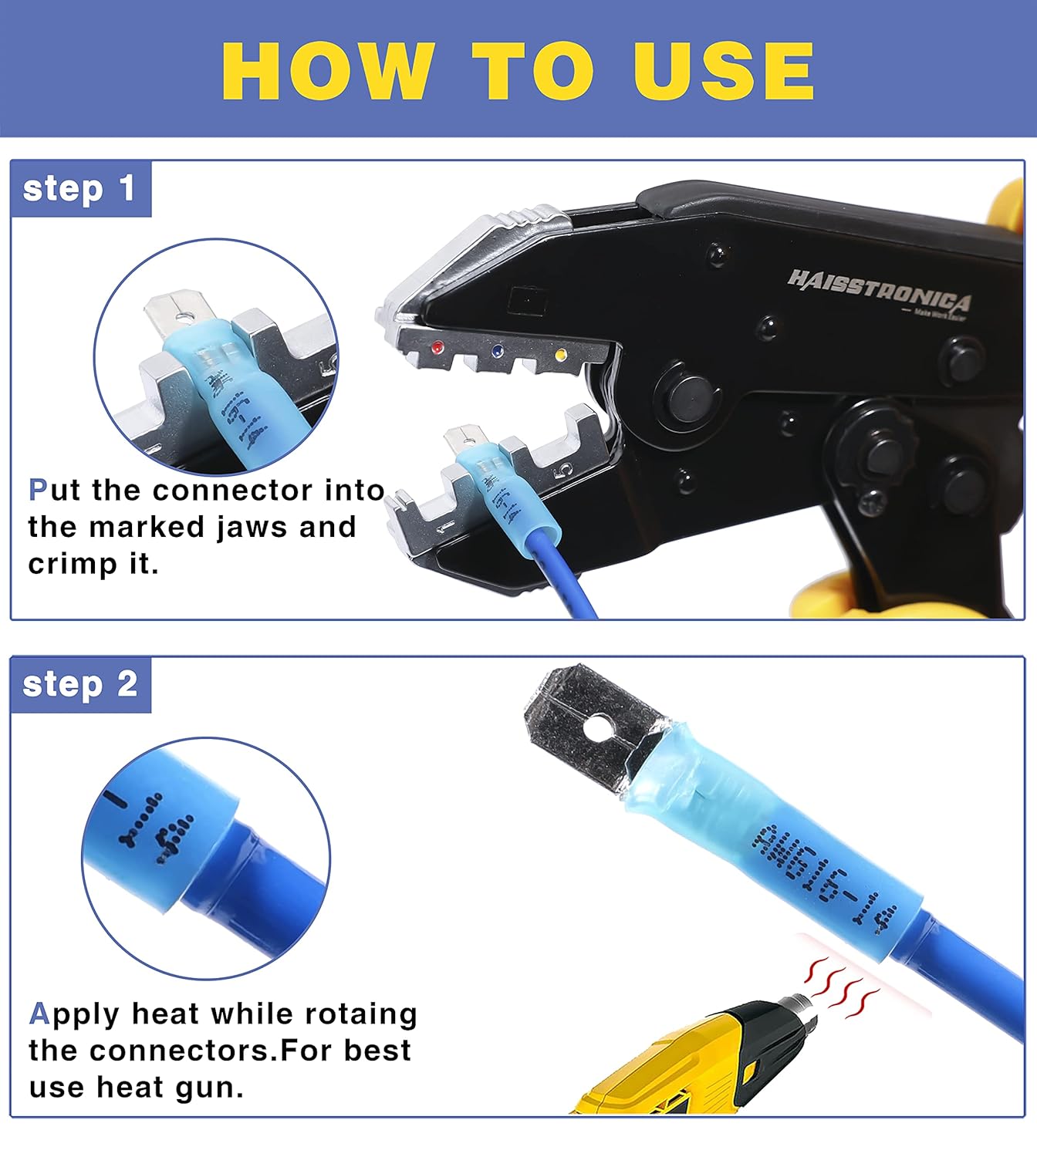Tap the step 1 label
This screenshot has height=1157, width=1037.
(79, 189)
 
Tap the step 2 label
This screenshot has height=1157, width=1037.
(80, 684)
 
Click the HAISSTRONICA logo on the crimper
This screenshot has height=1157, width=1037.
(880, 292)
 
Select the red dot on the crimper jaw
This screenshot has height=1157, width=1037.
(437, 348)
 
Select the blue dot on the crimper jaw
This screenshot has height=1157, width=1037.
(498, 352)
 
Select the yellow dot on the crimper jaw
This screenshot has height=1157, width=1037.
(560, 356)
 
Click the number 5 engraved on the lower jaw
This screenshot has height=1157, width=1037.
(566, 470)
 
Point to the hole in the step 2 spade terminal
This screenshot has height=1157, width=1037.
(596, 727)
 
